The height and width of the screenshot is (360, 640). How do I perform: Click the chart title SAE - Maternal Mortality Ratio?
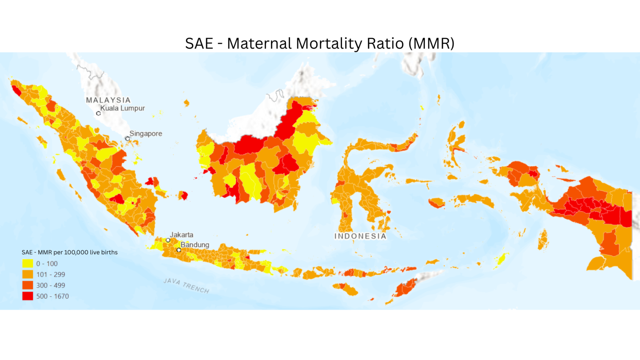coord(320,43)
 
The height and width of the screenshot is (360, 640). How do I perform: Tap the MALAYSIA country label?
coord(108,100)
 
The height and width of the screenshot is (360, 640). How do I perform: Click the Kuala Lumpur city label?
coord(122,108)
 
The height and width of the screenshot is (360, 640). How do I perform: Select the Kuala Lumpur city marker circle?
coord(98,113)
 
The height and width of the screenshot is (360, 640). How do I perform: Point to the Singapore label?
coord(146,133)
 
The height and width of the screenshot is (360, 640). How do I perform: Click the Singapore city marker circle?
coord(127,139)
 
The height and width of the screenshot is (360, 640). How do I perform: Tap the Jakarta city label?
coord(181,235)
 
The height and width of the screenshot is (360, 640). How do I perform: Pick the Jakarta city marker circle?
coord(168,240)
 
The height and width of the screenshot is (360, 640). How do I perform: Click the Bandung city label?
coord(195,244)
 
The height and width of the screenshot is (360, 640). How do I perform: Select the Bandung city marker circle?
coord(179,250)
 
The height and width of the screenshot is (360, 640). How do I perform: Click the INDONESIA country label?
coord(360,236)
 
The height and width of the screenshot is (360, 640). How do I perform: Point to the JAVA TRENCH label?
coord(186,286)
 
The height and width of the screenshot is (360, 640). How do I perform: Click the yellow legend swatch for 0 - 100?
coord(28,263)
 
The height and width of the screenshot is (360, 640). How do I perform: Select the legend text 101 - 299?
coord(50,274)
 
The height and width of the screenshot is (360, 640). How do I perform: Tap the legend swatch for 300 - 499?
coord(28,285)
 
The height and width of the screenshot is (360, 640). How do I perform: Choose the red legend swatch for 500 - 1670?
coord(28,296)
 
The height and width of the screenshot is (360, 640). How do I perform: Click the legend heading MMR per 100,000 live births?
coord(69,252)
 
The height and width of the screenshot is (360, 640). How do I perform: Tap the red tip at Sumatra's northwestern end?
coord(16,90)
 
